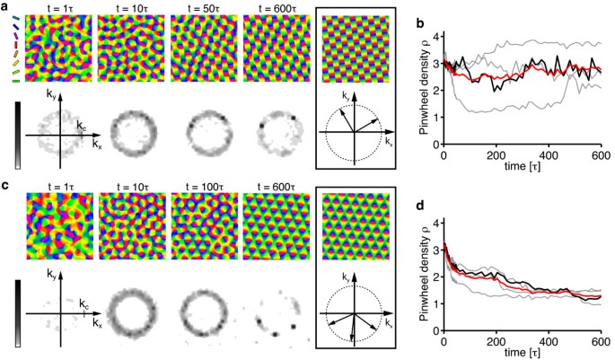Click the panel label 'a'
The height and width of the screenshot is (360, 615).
5,6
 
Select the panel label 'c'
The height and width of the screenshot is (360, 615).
5,186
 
